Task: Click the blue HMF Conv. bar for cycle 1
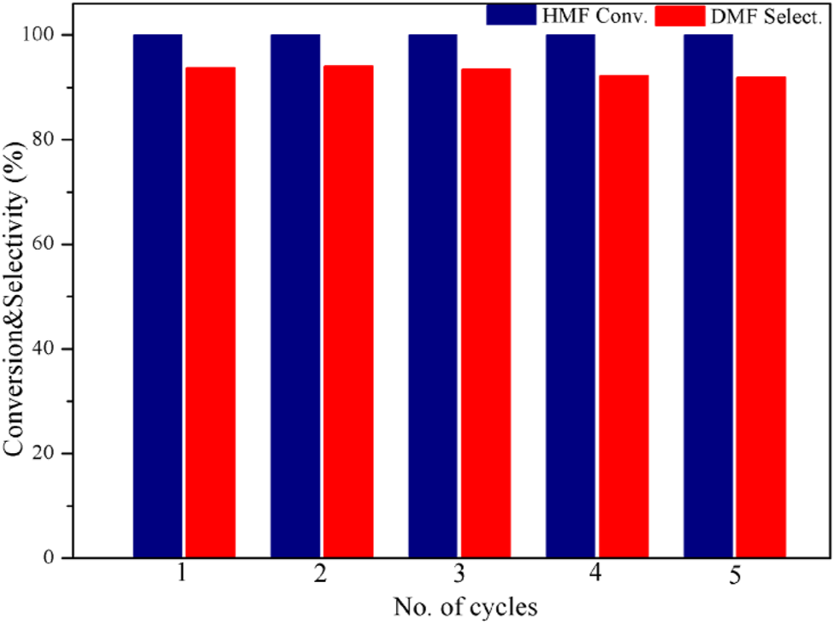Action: (x=157, y=296)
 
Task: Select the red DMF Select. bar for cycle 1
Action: (x=210, y=312)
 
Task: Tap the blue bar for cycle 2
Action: (x=295, y=296)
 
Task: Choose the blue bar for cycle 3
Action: (x=433, y=296)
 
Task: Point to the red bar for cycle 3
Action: (x=486, y=313)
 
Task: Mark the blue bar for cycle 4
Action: (x=571, y=296)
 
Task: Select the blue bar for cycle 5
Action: (x=708, y=296)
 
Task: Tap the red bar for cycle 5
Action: (x=761, y=317)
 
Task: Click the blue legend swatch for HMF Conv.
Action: (x=510, y=15)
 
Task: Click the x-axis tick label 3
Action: (x=459, y=575)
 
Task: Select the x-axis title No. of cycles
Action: (x=465, y=607)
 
